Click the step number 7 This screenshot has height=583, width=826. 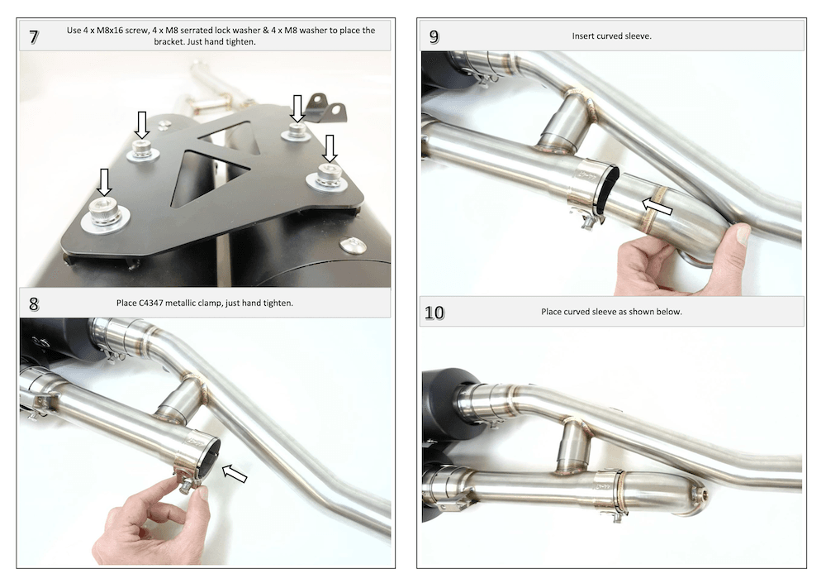34,37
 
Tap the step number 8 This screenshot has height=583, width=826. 34,303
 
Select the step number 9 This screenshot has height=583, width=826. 434,36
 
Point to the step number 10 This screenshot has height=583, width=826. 434,313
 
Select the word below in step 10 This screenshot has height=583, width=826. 669,312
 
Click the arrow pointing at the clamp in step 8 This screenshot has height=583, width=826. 235,473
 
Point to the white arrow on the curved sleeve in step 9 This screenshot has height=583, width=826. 657,206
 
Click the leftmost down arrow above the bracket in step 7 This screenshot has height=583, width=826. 104,182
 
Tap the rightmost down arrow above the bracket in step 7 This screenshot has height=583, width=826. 330,148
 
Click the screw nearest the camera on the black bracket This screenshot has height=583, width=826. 105,214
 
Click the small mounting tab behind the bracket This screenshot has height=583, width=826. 326,108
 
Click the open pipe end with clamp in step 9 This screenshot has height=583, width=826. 605,189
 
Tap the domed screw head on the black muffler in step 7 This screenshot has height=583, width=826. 353,245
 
